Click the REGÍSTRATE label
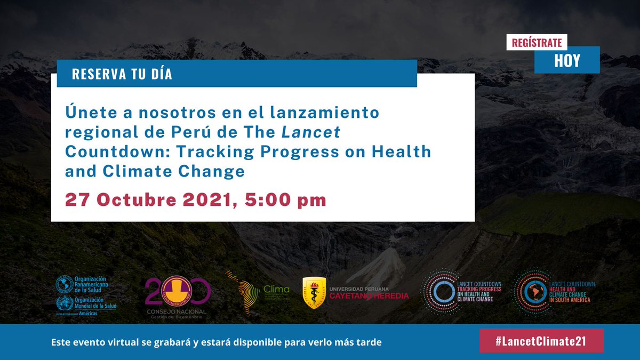tap(537, 42)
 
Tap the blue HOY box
tap(567, 61)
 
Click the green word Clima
tap(276, 290)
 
